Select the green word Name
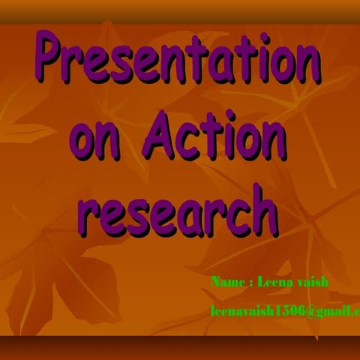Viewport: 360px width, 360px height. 227,283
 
